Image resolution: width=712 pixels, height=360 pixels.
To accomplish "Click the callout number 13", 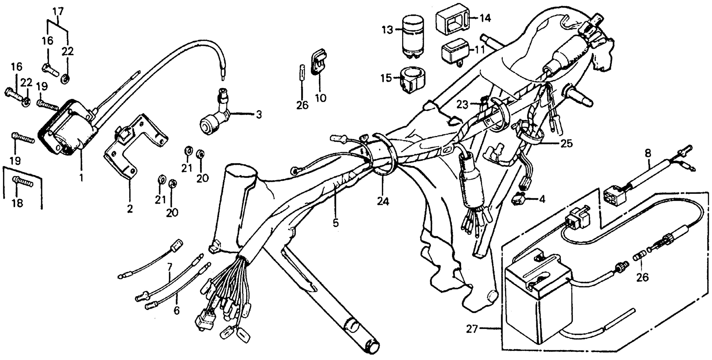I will tap(388, 30).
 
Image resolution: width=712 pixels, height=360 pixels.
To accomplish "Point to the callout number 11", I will tap(480, 50).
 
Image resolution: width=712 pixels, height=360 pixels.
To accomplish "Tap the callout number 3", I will tap(258, 114).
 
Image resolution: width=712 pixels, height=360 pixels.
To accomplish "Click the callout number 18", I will tap(17, 203).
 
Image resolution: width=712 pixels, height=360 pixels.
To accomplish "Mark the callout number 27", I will tap(472, 329).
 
